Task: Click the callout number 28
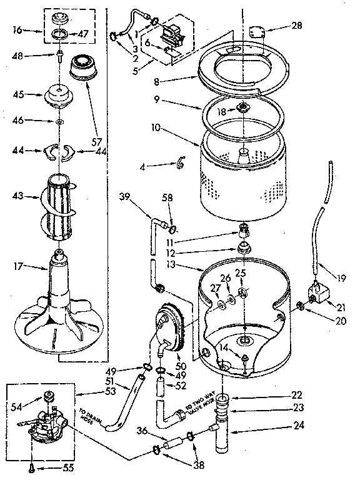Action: (296, 26)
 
